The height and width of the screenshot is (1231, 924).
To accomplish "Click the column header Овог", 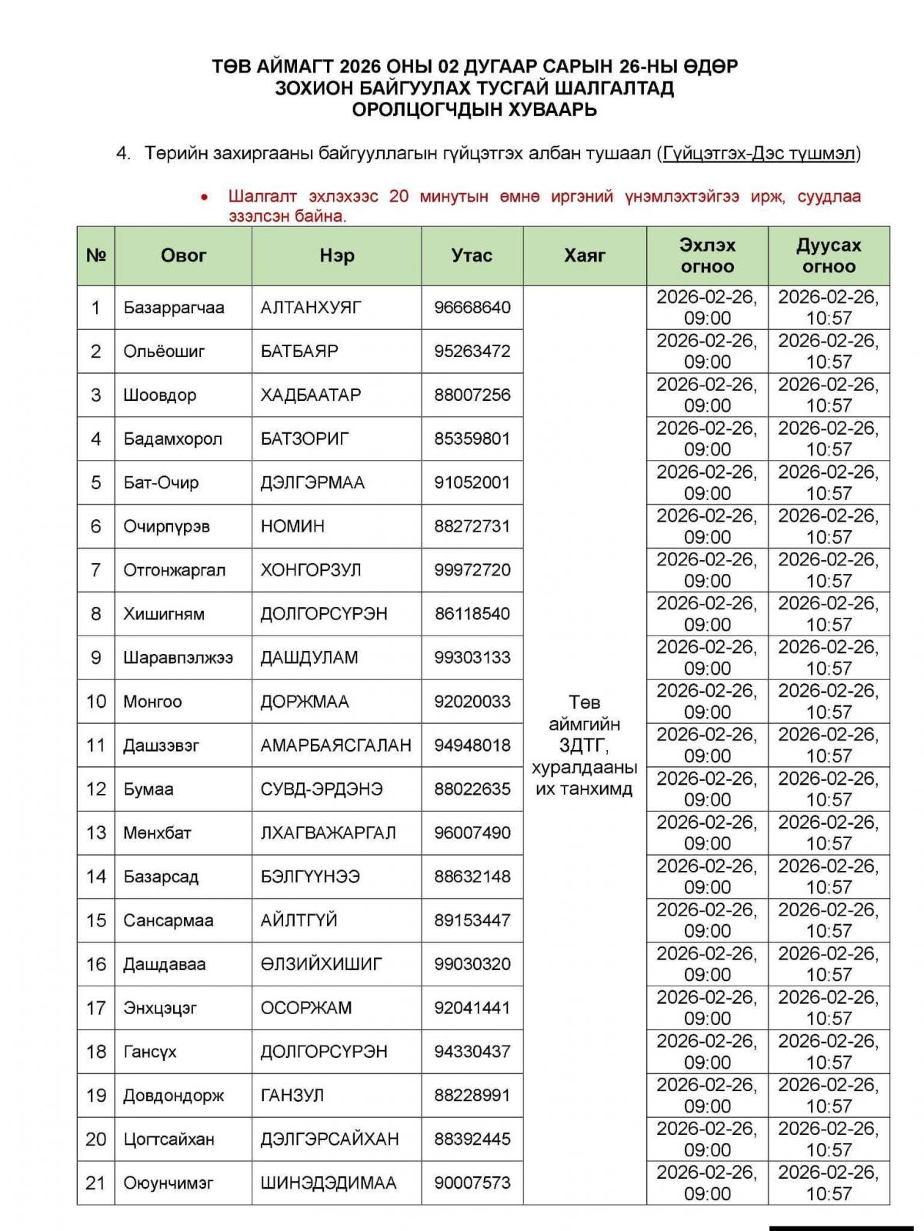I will point(183,255).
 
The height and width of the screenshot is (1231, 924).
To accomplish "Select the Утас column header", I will point(472,255).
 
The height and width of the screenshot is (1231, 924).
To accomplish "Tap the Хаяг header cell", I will point(585,255).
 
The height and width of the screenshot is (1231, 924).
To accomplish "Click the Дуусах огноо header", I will point(829,255).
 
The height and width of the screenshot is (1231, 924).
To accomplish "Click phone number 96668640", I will point(472,308).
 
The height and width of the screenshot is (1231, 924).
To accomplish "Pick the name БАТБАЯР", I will point(299,352).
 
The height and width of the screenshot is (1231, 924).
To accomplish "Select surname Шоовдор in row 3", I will point(159,395).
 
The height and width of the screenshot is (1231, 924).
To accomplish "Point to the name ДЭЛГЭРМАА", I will point(312,483).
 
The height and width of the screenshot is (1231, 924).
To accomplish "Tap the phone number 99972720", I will point(472,570).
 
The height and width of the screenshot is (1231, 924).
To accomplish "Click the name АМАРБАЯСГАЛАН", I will point(335,746).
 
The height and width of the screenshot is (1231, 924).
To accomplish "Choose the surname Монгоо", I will point(152,702).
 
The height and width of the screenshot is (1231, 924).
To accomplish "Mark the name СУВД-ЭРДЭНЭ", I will point(321,789).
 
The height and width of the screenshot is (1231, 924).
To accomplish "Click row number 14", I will point(95,876).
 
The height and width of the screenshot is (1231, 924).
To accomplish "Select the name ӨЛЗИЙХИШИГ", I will point(321,964).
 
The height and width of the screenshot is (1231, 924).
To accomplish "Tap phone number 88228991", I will point(472,1096).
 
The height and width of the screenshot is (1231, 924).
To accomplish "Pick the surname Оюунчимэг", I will point(168,1183).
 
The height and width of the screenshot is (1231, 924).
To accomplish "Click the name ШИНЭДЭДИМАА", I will point(329,1183).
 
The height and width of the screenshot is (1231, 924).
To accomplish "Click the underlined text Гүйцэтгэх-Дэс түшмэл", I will point(759,154).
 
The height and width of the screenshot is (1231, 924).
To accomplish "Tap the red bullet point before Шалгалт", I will point(204,198).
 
